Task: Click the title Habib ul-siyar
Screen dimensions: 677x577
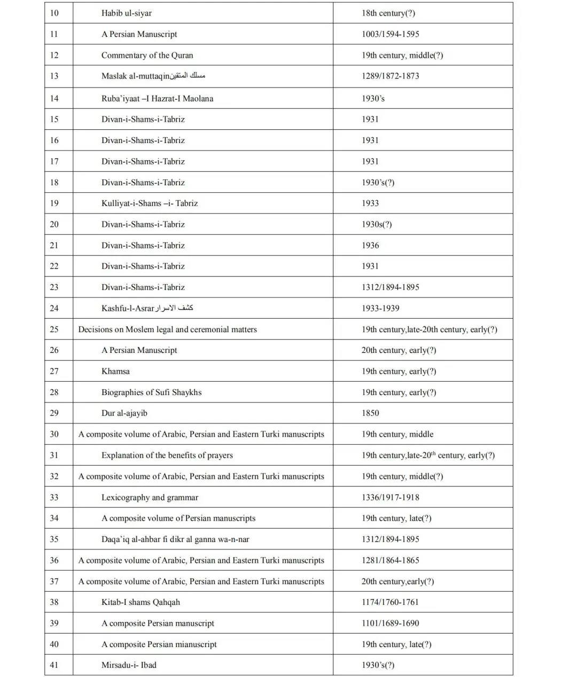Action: click(127, 13)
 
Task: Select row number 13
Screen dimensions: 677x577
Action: click(54, 76)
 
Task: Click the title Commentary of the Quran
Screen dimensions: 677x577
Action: click(147, 55)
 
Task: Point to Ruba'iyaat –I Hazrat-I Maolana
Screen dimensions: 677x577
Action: click(157, 98)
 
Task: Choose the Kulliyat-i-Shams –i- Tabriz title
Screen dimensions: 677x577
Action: click(150, 203)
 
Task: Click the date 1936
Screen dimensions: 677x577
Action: click(370, 246)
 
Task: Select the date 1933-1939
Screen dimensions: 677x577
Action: click(380, 308)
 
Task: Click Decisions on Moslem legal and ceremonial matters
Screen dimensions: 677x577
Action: click(167, 329)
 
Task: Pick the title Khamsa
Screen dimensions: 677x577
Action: click(115, 371)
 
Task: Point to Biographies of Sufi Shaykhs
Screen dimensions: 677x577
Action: click(152, 392)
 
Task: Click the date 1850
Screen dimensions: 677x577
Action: click(370, 413)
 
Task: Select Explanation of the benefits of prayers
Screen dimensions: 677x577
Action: click(167, 455)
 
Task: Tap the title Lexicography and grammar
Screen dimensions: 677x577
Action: click(150, 498)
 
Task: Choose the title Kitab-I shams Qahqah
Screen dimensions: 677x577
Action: click(141, 602)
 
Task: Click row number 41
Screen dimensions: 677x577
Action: click(54, 665)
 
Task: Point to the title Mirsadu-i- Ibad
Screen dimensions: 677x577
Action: click(129, 665)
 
